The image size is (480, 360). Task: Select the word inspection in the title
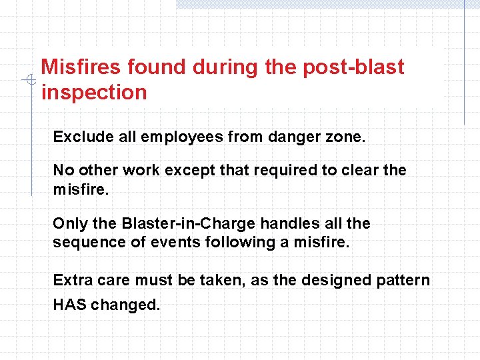94,92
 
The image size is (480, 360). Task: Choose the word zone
344,137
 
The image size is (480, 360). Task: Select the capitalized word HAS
69,305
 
